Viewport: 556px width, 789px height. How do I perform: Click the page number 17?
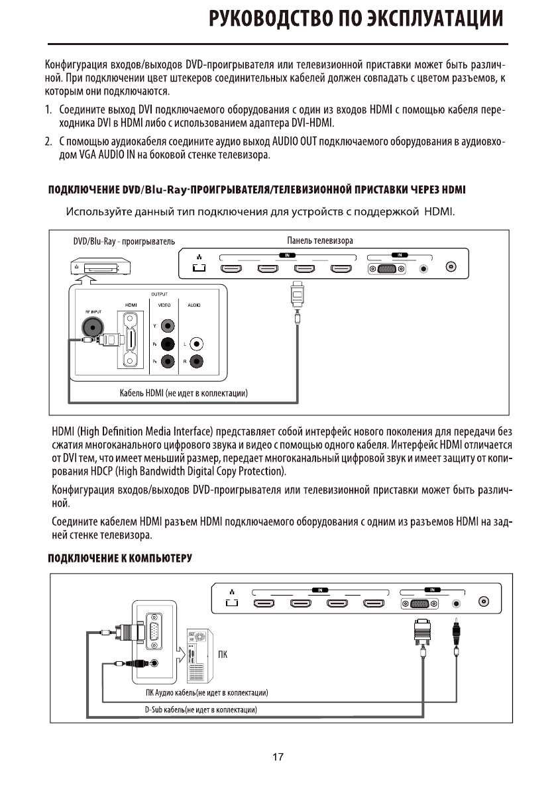[278, 757]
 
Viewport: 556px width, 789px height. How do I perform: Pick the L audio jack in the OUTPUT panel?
[197, 344]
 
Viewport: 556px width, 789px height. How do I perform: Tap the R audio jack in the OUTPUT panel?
[197, 362]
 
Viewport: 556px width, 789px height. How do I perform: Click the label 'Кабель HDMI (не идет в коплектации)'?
[184, 394]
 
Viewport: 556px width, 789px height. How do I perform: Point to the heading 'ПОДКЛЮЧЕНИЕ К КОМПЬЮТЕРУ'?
[119, 558]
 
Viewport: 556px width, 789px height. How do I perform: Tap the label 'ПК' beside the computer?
[223, 656]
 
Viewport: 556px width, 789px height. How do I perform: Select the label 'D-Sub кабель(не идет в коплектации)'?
[201, 710]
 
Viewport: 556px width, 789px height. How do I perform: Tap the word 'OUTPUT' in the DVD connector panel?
[159, 293]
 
